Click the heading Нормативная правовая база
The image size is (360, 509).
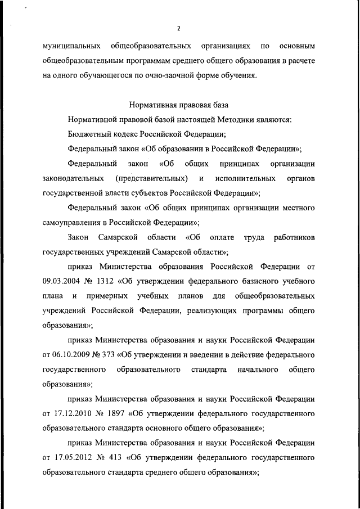(x=179, y=105)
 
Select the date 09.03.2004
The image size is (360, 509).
(x=62, y=280)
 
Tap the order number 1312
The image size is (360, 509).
(x=119, y=280)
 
